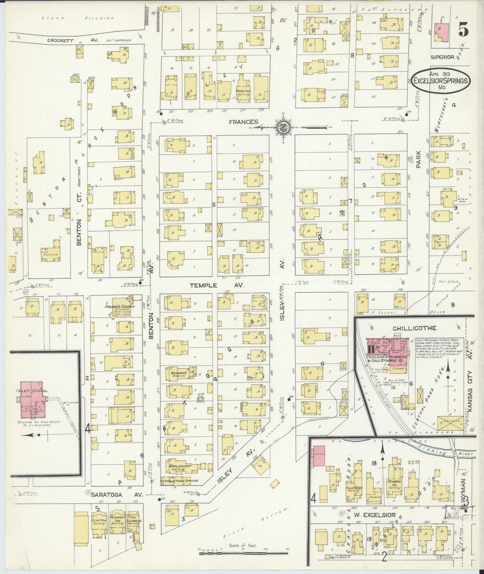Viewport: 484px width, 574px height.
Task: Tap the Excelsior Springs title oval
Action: coord(440,80)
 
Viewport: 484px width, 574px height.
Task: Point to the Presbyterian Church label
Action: coord(119,307)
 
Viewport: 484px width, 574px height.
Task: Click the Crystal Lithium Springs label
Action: coord(180,481)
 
